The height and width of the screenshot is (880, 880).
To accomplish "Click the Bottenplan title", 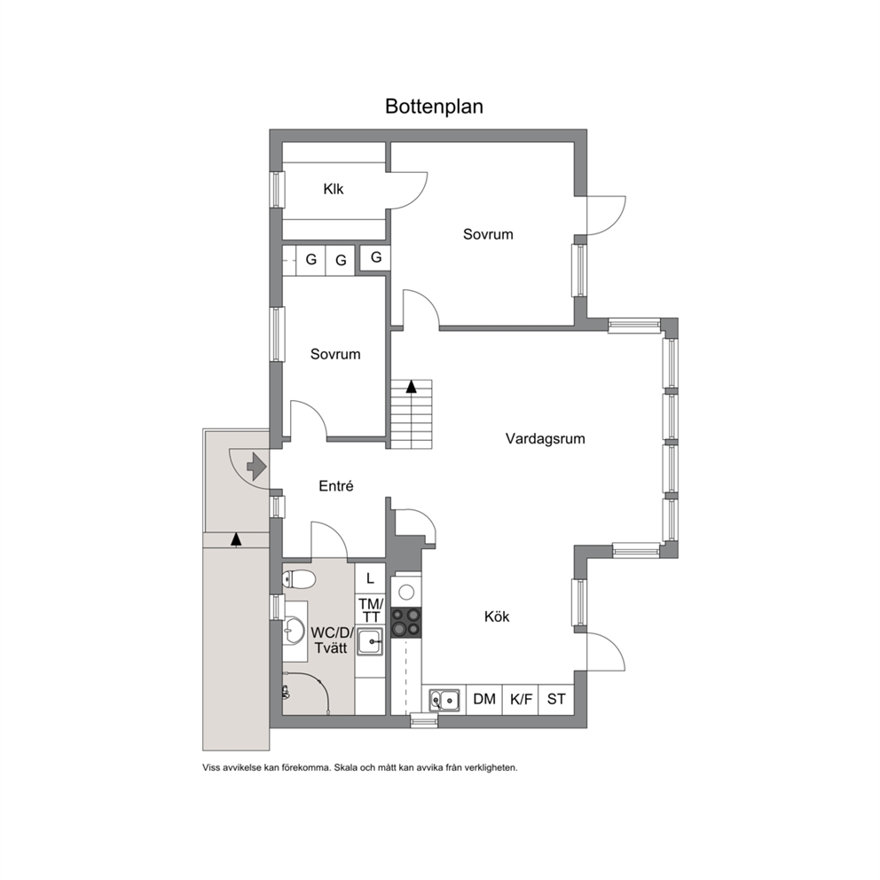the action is (434, 106).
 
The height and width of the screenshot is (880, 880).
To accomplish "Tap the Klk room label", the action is (333, 189).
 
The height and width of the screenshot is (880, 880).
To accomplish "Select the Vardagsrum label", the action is (545, 438).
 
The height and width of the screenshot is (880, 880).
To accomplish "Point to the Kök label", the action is (497, 617).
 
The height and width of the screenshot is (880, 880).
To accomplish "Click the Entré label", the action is (335, 486).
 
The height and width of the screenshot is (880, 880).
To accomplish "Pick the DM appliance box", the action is (484, 699).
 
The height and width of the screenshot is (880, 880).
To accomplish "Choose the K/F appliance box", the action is (521, 699).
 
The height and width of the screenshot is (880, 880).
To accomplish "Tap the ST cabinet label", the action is (556, 699).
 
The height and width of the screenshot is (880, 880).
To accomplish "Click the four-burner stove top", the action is (405, 623).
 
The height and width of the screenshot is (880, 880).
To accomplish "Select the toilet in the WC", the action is (298, 578).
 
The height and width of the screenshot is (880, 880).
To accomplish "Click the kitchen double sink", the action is (444, 701).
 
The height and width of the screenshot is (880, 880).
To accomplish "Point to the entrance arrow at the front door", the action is (256, 467).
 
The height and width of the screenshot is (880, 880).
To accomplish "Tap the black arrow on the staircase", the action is (412, 386).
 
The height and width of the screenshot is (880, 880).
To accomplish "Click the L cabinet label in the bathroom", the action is (370, 578).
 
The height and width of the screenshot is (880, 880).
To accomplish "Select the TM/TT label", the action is (371, 610).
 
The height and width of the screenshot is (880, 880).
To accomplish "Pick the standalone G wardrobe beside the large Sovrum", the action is (375, 257).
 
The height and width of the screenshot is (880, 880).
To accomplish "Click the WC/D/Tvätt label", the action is (331, 640).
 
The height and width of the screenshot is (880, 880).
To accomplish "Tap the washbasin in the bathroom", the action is (294, 632).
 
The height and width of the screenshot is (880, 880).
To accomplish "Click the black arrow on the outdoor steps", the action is (236, 538).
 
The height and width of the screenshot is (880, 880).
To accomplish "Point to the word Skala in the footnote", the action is (345, 767).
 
